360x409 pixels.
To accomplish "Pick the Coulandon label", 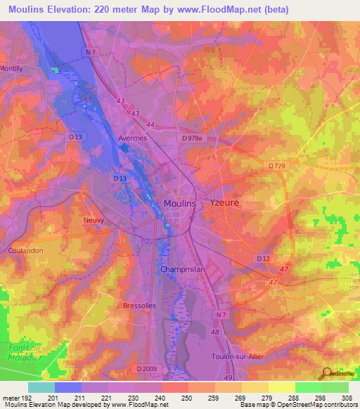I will (x=27, y=249).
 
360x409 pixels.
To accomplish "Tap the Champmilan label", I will (x=182, y=269).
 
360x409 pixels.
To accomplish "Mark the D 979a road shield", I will (x=192, y=139).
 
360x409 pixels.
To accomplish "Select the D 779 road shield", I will (x=278, y=165).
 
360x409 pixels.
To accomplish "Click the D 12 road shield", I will (x=263, y=259).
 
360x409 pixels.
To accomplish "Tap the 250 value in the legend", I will (x=188, y=398).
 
